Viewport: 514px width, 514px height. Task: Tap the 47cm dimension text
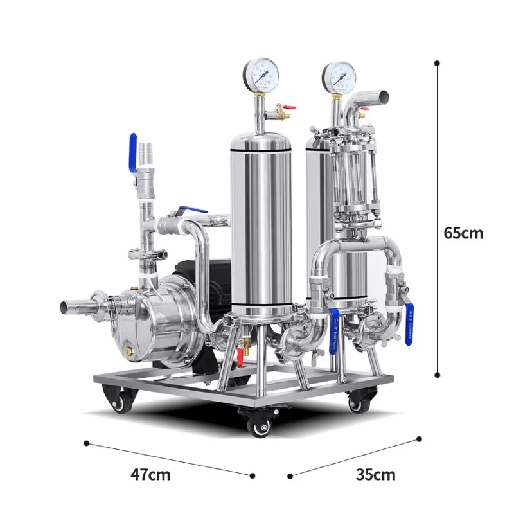[x=151, y=475]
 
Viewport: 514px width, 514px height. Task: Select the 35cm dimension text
[x=376, y=475]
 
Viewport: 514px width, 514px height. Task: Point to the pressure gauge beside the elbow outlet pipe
[x=338, y=76]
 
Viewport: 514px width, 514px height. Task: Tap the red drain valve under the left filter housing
[x=242, y=351]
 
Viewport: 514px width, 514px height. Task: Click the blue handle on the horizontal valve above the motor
[x=191, y=211]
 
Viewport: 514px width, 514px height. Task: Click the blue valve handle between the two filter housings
[x=334, y=331]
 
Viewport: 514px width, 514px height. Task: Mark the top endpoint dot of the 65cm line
[x=438, y=63]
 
